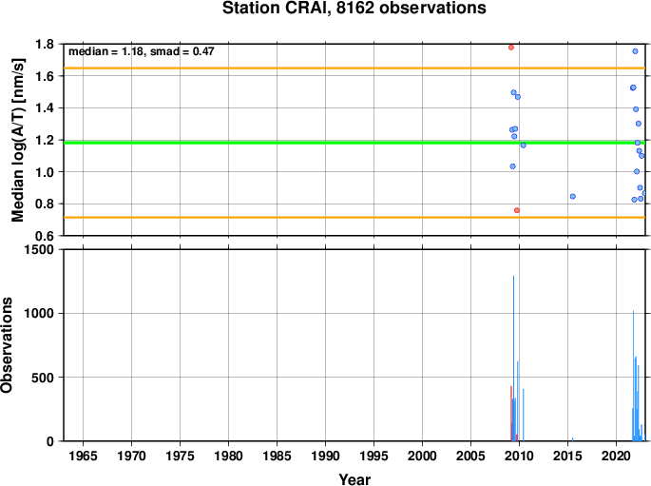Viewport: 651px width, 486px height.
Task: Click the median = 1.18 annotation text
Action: pyautogui.click(x=105, y=51)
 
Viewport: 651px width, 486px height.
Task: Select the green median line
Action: pyautogui.click(x=354, y=143)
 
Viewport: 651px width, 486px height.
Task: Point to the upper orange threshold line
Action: pyautogui.click(x=354, y=68)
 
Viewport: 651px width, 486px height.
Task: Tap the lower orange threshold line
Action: pyautogui.click(x=354, y=217)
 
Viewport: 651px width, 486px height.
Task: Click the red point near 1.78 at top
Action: pyautogui.click(x=511, y=48)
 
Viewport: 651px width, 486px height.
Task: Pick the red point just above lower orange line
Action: pyautogui.click(x=517, y=210)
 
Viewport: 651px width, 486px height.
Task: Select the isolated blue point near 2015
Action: pyautogui.click(x=573, y=197)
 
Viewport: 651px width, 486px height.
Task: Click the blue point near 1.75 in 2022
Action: pyautogui.click(x=635, y=51)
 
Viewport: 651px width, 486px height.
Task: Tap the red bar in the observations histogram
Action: pyautogui.click(x=511, y=414)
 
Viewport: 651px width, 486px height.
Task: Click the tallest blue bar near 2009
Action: pyautogui.click(x=513, y=358)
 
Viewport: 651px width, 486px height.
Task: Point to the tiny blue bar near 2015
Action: pyautogui.click(x=573, y=439)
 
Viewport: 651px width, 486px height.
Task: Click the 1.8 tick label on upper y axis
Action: pyautogui.click(x=45, y=44)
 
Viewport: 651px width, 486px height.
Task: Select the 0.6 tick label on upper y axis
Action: pyautogui.click(x=45, y=236)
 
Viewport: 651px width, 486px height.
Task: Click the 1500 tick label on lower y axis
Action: pyautogui.click(x=39, y=249)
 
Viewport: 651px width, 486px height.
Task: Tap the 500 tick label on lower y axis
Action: pyautogui.click(x=43, y=378)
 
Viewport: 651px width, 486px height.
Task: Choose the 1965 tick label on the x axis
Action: pyautogui.click(x=83, y=457)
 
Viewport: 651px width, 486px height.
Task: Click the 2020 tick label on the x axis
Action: pyautogui.click(x=616, y=457)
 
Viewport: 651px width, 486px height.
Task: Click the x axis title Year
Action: pyautogui.click(x=354, y=479)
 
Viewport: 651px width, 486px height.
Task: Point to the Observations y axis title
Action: pyautogui.click(x=7, y=345)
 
